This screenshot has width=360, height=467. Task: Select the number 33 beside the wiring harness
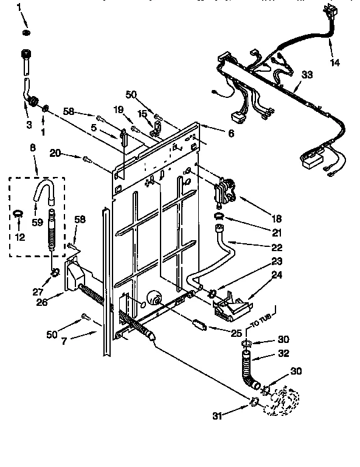point(307,75)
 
